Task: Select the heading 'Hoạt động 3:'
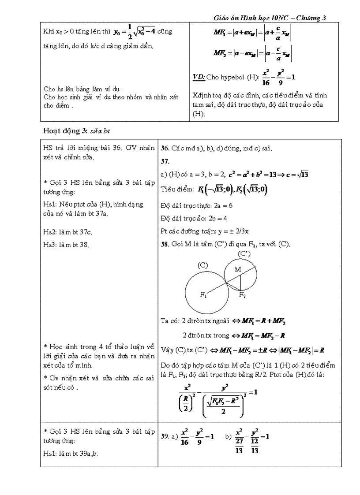coord(65,131)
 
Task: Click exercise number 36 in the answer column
coord(165,149)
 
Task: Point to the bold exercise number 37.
coord(165,161)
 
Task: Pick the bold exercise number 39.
coord(165,436)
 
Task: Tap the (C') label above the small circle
coord(244,254)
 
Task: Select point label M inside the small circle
coord(238,269)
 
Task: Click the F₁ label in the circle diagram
coord(204,295)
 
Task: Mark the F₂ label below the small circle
coord(242,295)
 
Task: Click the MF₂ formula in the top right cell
coord(252,53)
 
